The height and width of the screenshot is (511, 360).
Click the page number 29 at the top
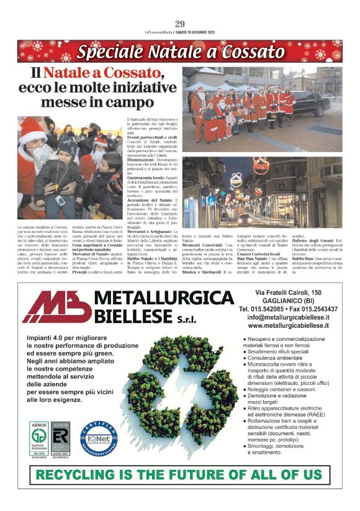180,24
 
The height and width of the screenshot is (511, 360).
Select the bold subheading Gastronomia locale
148,177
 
